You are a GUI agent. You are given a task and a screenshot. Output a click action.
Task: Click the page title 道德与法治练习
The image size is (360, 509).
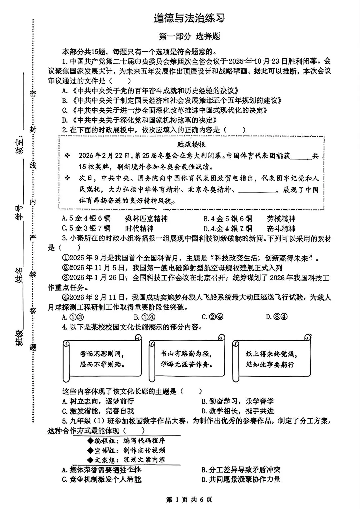[x=189, y=18]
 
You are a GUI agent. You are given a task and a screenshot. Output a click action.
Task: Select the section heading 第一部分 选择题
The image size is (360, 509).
[x=189, y=36]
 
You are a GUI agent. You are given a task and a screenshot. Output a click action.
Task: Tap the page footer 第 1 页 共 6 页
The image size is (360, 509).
[x=189, y=499]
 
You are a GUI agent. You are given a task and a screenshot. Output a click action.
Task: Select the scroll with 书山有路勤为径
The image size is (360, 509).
[x=187, y=359]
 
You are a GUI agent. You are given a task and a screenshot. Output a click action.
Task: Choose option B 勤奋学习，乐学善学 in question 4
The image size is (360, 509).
[x=237, y=401]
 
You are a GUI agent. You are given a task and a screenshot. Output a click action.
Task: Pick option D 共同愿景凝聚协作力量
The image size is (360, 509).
[x=241, y=479]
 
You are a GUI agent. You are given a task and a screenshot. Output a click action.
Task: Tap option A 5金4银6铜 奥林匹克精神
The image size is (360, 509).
[x=115, y=219]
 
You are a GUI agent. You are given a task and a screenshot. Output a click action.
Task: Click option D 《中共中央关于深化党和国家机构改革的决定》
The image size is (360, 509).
[x=140, y=120]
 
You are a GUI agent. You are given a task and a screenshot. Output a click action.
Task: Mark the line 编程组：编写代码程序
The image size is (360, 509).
[x=126, y=441]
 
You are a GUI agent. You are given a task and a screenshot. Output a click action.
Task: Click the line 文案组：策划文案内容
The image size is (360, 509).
[x=126, y=460]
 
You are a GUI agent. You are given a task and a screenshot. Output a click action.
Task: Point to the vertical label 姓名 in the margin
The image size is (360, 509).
[x=19, y=276]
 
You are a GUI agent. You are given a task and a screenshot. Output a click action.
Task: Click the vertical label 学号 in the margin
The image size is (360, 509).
[x=19, y=212]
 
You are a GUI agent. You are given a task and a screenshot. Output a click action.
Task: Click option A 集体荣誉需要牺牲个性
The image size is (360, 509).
[x=102, y=470]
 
